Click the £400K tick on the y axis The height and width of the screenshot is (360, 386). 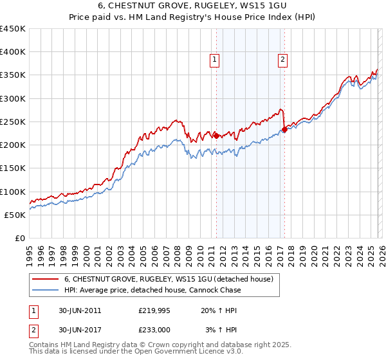pyautogui.click(x=12, y=52)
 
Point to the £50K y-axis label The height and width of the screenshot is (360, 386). pyautogui.click(x=15, y=215)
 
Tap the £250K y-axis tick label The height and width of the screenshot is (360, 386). pyautogui.click(x=12, y=122)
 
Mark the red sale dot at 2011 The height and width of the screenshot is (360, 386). pyautogui.click(x=216, y=135)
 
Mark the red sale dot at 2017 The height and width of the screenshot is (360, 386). pyautogui.click(x=284, y=129)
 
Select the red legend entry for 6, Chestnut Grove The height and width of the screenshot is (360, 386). pyautogui.click(x=169, y=279)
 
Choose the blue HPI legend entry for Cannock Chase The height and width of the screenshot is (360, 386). pyautogui.click(x=152, y=290)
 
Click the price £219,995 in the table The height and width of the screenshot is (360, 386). pyautogui.click(x=154, y=310)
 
